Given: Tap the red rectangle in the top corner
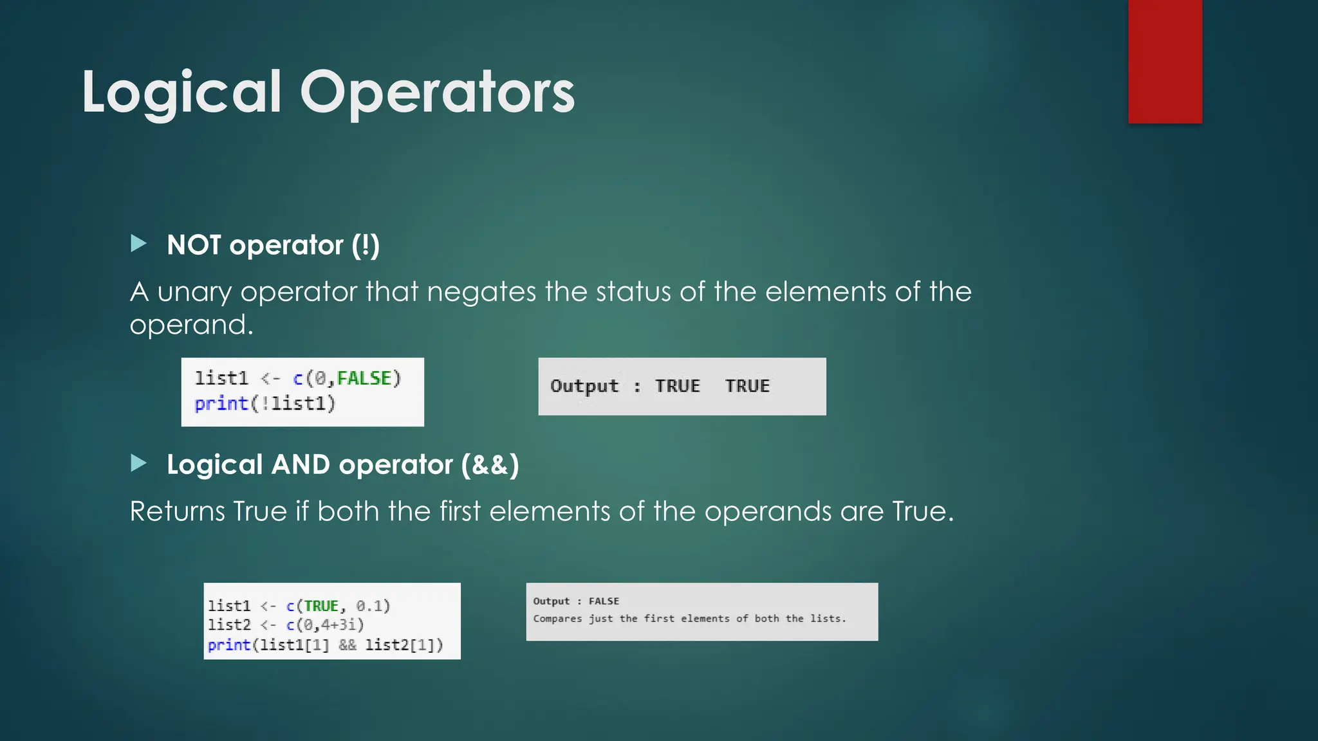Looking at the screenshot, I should pyautogui.click(x=1165, y=61).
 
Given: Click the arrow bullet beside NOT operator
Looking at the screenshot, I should pyautogui.click(x=138, y=243).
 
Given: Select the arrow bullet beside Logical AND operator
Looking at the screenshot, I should pyautogui.click(x=138, y=463).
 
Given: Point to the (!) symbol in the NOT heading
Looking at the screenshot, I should pyautogui.click(x=366, y=245).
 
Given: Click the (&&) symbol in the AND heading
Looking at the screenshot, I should pyautogui.click(x=490, y=464).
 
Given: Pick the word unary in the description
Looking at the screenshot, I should pyautogui.click(x=194, y=292).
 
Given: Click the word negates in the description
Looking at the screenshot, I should pyautogui.click(x=481, y=292).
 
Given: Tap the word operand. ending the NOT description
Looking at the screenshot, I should pyautogui.click(x=191, y=325).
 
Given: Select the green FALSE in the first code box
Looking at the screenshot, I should pyautogui.click(x=364, y=378).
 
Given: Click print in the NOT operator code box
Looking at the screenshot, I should pyautogui.click(x=221, y=404).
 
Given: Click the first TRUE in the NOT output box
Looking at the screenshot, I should pyautogui.click(x=677, y=386).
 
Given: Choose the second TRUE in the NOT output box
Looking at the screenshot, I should pyautogui.click(x=747, y=386).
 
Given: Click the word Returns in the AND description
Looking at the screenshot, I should pyautogui.click(x=177, y=511).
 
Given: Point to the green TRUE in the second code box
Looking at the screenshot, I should pyautogui.click(x=321, y=606).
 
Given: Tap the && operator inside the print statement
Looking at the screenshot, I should pyautogui.click(x=348, y=645).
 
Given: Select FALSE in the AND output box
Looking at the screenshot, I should pyautogui.click(x=604, y=601).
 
